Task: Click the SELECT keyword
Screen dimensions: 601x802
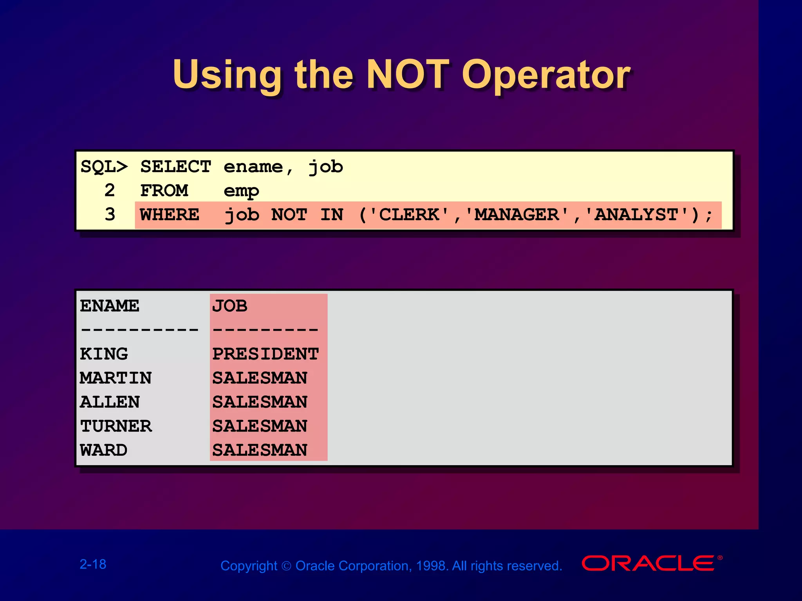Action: click(x=176, y=167)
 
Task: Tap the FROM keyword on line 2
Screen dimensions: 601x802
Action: click(x=164, y=191)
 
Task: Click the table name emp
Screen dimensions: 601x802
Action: click(x=241, y=191)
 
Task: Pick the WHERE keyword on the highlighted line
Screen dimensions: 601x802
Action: click(x=170, y=215)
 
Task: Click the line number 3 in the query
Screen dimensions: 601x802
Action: click(x=110, y=214)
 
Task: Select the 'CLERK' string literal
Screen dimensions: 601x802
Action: click(x=409, y=214)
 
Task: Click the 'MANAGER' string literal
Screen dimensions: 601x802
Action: click(x=517, y=214)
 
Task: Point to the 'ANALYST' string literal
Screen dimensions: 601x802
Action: click(x=636, y=214)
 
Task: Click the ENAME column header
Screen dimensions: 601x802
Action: click(x=110, y=306)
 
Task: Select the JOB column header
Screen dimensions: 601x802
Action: click(x=230, y=306)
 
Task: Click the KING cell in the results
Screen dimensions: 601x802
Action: click(x=104, y=354)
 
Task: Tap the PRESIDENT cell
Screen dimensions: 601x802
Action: click(x=266, y=354)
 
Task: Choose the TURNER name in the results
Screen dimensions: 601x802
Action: click(x=116, y=426)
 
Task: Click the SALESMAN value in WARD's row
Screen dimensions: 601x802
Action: click(x=260, y=450)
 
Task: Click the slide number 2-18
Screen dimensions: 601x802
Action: click(x=93, y=564)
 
